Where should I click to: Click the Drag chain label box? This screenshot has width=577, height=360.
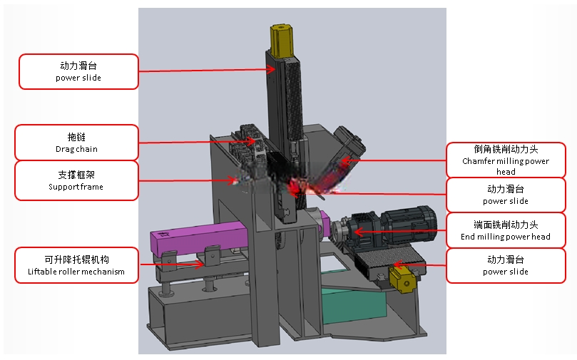pos(76,143)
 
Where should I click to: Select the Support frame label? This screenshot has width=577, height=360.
pos(76,180)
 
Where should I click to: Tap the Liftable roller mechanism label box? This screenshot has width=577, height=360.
pos(76,265)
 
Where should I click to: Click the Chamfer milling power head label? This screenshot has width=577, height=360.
pos(506,160)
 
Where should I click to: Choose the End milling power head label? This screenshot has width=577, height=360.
pos(506,230)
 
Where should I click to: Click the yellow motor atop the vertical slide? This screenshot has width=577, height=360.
pos(281,41)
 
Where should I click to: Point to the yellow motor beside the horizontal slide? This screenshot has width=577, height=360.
pos(402,279)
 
